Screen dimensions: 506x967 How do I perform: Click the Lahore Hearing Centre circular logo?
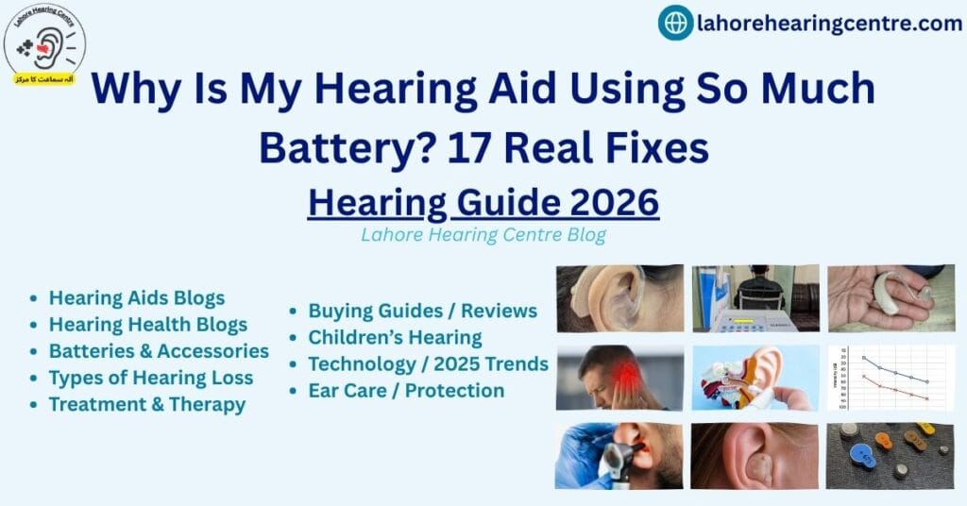point(44,44)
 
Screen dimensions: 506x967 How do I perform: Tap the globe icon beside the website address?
point(675,23)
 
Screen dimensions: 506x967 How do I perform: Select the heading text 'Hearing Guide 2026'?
point(483,202)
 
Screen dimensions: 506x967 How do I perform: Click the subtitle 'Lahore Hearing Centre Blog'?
point(483,235)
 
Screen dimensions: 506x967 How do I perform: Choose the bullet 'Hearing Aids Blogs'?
point(137,298)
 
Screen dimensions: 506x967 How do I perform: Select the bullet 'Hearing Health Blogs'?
point(148,325)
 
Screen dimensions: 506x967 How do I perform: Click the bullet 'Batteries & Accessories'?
point(159,351)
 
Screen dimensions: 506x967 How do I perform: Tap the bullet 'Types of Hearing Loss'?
point(151,378)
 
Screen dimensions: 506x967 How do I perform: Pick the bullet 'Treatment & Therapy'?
point(147,404)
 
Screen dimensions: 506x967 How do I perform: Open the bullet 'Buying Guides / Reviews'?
point(422,311)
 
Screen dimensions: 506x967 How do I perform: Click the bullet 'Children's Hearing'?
point(395,337)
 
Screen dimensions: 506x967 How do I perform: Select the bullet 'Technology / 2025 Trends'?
point(428,363)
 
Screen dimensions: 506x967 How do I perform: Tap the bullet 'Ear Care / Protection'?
point(406,390)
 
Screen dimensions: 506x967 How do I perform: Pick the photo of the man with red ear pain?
point(619,377)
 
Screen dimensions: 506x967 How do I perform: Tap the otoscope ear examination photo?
point(619,455)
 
